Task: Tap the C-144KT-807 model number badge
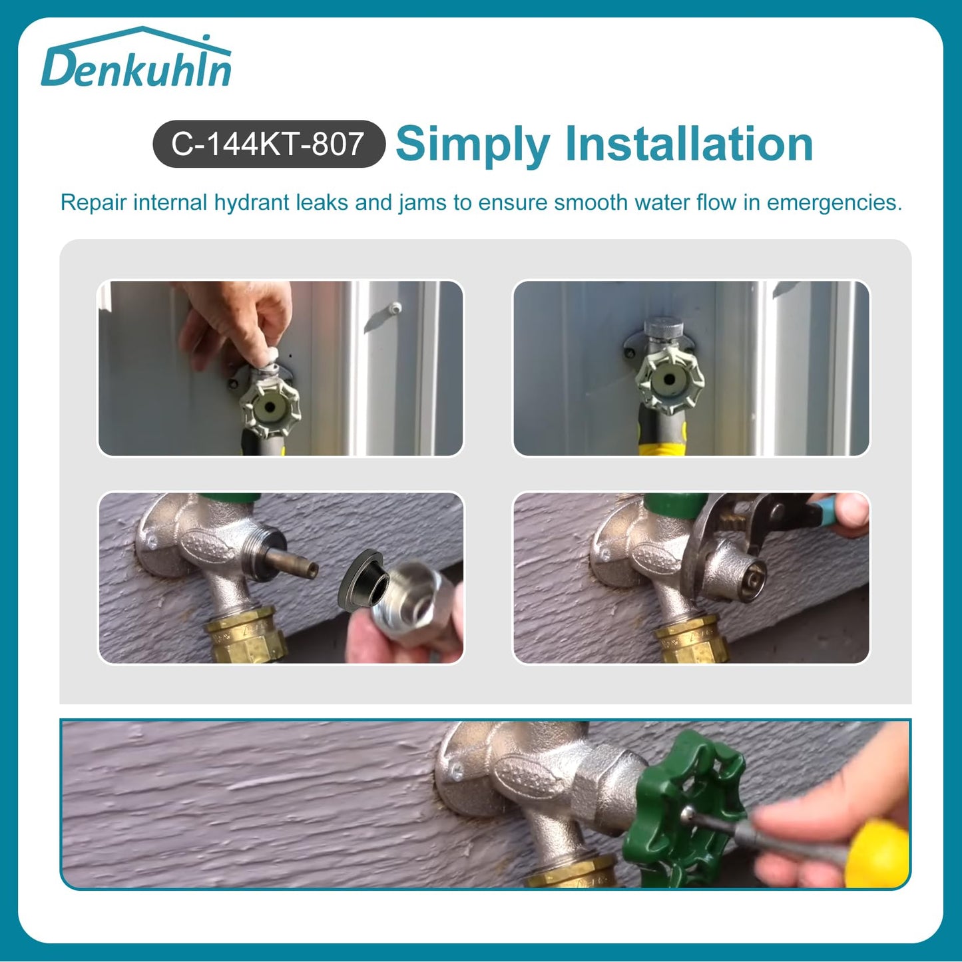(268, 144)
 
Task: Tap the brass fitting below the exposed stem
(243, 636)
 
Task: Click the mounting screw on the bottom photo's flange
(457, 772)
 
